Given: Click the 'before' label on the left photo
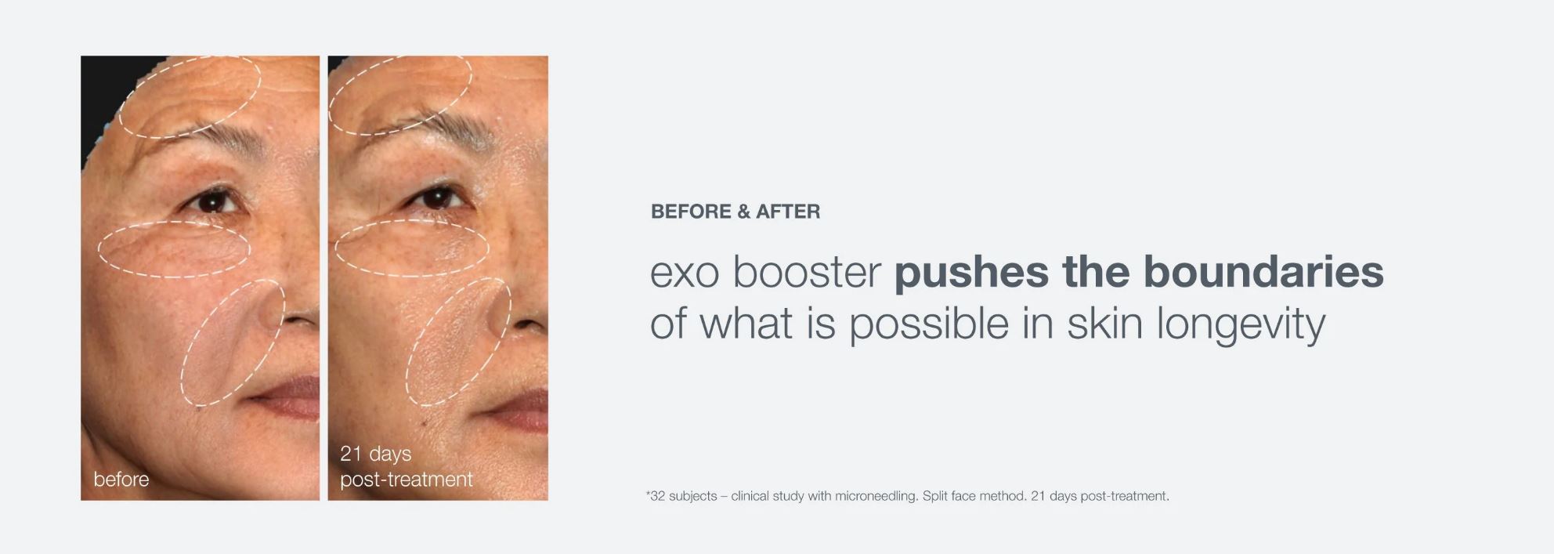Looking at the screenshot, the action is click(121, 479).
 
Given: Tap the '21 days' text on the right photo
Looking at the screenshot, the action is click(375, 454).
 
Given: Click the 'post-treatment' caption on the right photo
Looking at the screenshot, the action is click(406, 480).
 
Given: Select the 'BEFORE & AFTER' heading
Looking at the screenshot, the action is click(735, 212).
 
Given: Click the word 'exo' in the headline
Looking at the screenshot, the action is click(685, 273).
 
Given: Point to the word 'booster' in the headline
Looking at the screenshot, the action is click(807, 271).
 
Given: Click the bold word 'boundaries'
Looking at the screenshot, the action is click(1263, 271).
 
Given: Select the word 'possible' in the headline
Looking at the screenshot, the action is click(929, 324).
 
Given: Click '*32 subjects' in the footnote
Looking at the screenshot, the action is click(681, 496).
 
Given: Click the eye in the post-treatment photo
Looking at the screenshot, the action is click(435, 197).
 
